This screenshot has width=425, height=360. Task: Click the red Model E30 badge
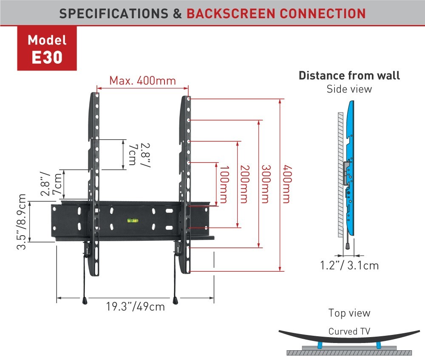pos(47,48)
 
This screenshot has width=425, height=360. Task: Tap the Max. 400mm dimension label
pos(142,81)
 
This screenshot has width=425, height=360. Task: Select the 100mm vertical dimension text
pos(224,184)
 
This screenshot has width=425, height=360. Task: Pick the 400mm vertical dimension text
pos(287,184)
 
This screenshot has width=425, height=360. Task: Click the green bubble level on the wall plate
pos(133,221)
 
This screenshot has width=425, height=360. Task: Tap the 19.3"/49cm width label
pos(135,307)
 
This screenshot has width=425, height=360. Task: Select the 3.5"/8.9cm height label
pos(22,222)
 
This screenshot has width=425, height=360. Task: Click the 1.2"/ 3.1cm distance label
pos(349,265)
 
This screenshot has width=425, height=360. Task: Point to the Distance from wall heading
pos(349,76)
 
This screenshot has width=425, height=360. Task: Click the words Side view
pos(349,89)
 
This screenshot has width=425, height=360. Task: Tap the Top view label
pos(349,313)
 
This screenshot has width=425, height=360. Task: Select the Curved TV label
pos(349,331)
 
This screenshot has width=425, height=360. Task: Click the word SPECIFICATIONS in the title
pos(114,14)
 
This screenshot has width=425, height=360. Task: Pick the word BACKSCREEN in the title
pos(231,14)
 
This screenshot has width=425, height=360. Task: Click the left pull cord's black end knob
pos(85,301)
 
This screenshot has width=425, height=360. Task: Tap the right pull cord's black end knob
pos(176,301)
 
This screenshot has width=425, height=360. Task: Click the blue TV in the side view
pos(350,168)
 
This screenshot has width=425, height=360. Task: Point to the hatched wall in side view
pos(340,175)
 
